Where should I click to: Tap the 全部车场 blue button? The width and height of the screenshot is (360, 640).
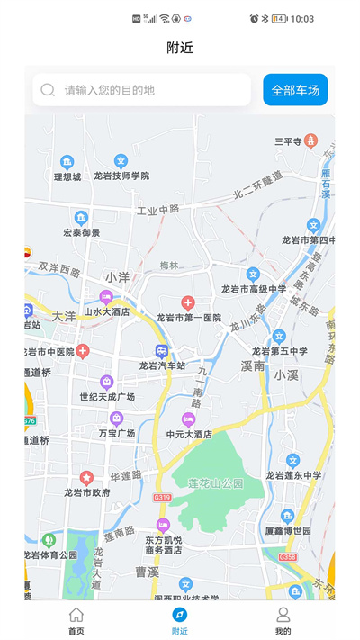click(295, 90)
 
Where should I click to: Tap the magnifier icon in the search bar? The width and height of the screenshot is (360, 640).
click(48, 90)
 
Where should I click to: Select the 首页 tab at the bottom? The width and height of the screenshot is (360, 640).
click(76, 620)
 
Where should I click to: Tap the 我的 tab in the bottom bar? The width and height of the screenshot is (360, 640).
click(283, 620)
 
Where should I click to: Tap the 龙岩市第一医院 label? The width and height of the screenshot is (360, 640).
click(188, 318)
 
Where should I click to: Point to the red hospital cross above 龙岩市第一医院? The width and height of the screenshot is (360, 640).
click(188, 303)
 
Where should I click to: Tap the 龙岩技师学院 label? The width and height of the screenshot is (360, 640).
click(121, 176)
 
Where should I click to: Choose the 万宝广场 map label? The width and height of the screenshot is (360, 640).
click(116, 433)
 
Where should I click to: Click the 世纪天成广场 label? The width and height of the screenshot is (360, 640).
click(107, 396)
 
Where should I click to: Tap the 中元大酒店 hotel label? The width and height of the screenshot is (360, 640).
click(189, 434)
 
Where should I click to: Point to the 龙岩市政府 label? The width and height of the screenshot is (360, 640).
click(87, 492)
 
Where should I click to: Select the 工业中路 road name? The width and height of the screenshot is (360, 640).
click(157, 210)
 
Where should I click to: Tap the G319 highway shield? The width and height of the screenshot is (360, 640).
click(162, 497)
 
